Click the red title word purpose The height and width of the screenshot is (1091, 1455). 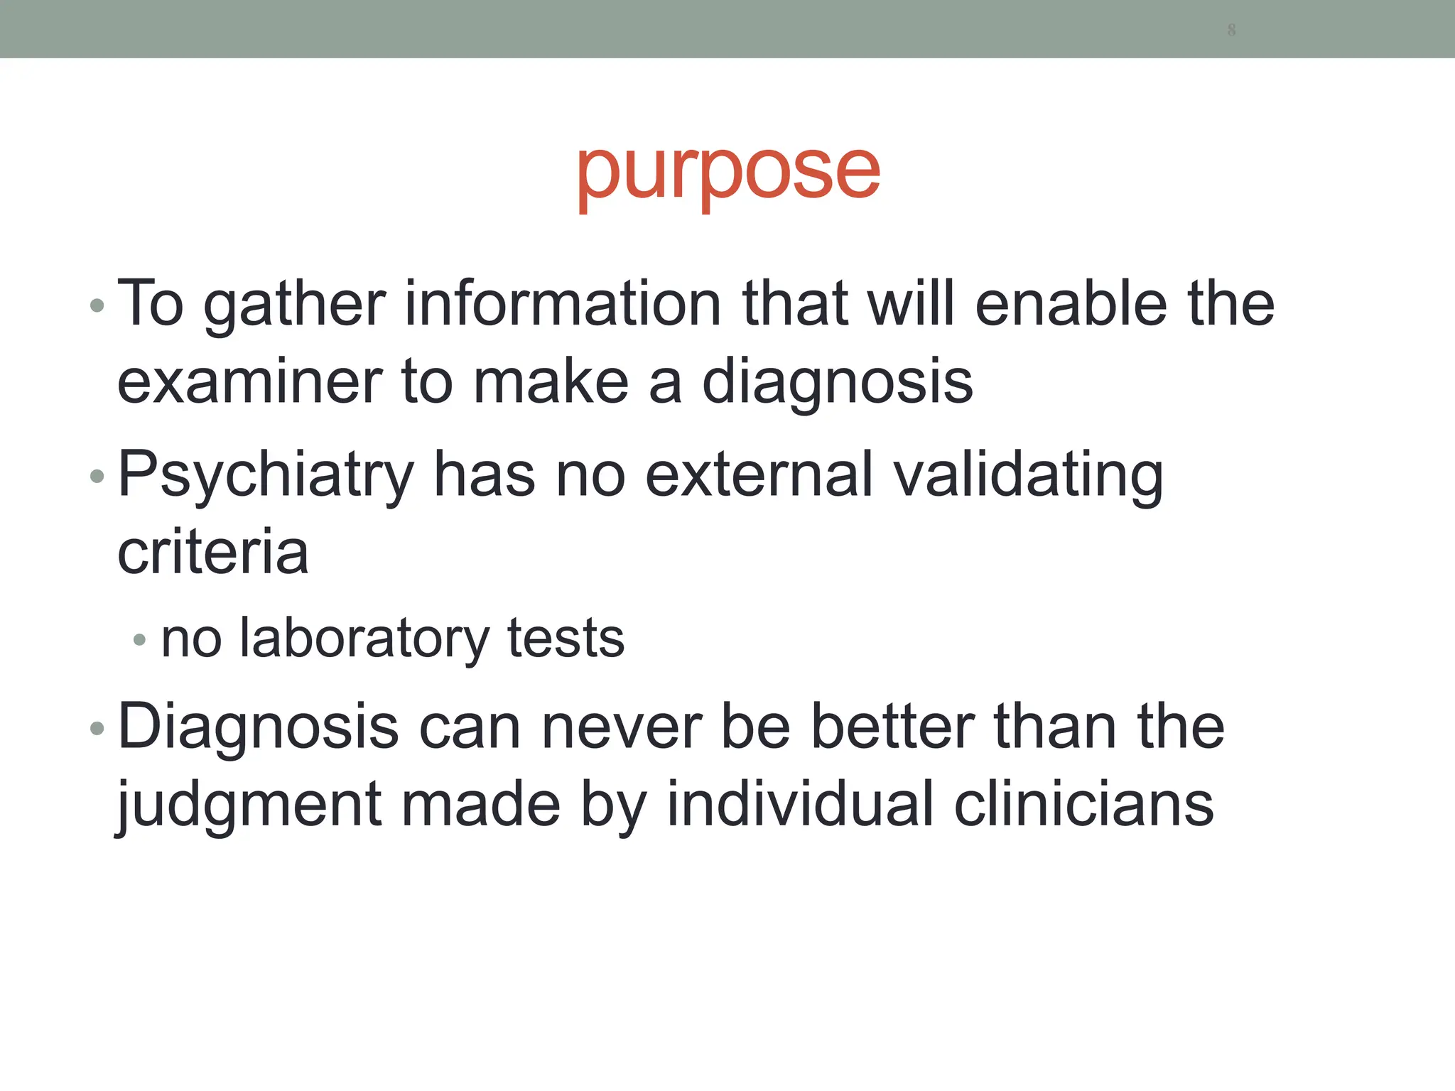click(727, 174)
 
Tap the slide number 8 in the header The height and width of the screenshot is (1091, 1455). click(1231, 30)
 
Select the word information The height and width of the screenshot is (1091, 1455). click(563, 304)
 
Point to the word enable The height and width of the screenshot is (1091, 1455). click(1071, 304)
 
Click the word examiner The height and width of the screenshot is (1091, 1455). click(249, 382)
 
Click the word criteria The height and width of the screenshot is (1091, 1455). click(213, 553)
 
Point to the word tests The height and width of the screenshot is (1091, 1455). click(566, 638)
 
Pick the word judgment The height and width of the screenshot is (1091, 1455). click(249, 807)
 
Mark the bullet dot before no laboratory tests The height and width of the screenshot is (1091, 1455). click(139, 640)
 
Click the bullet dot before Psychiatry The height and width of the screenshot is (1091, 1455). click(97, 477)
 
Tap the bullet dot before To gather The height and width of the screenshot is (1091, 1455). click(97, 306)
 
